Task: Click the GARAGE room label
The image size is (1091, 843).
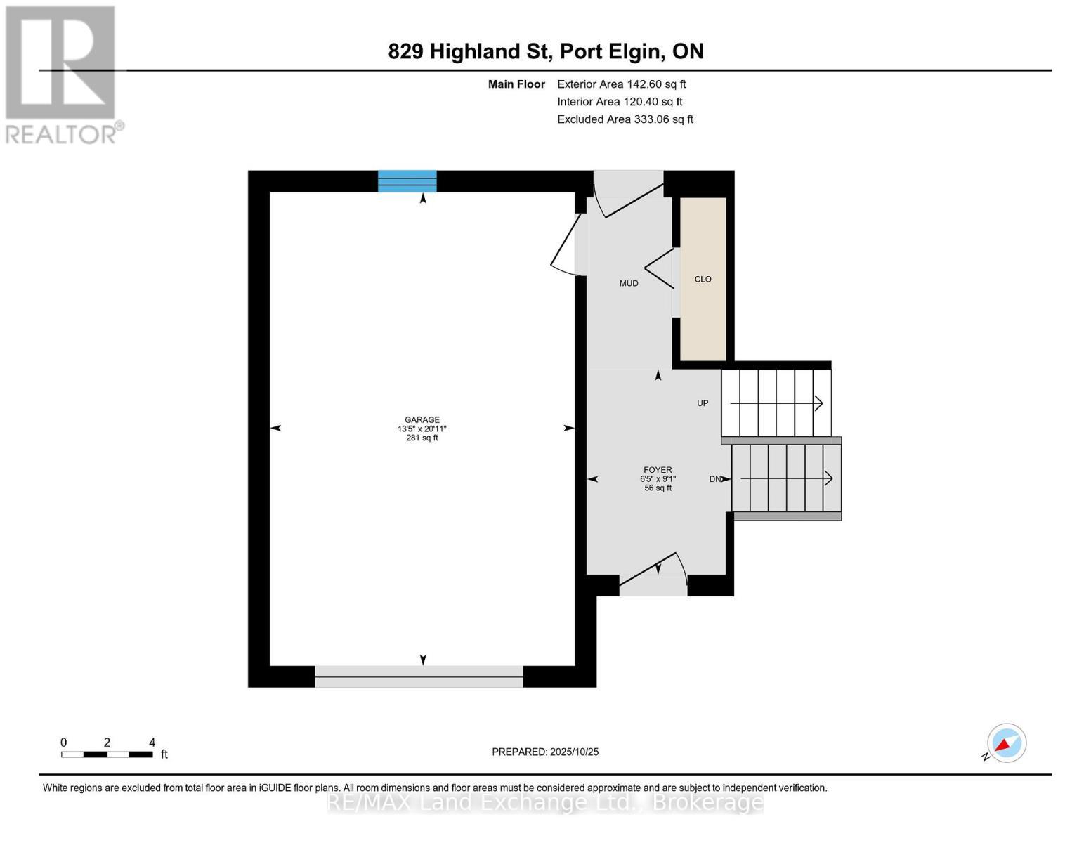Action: pyautogui.click(x=422, y=420)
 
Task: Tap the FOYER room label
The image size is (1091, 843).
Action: pyautogui.click(x=658, y=470)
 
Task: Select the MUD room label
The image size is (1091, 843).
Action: pyautogui.click(x=629, y=283)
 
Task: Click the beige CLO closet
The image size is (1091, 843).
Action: pyautogui.click(x=703, y=279)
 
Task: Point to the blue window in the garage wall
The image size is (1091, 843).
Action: pyautogui.click(x=407, y=181)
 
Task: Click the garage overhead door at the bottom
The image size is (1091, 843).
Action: pyautogui.click(x=419, y=677)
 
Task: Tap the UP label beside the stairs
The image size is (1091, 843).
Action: pyautogui.click(x=703, y=403)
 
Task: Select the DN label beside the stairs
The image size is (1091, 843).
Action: pyautogui.click(x=715, y=479)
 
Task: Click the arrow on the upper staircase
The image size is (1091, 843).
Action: pyautogui.click(x=776, y=403)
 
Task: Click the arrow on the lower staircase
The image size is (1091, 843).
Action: pyautogui.click(x=787, y=478)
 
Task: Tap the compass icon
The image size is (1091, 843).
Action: pyautogui.click(x=1006, y=743)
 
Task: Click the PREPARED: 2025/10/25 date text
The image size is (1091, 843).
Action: pyautogui.click(x=545, y=752)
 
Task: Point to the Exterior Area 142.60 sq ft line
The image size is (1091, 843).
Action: pyautogui.click(x=621, y=84)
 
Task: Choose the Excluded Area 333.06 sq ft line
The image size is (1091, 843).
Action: pyautogui.click(x=625, y=119)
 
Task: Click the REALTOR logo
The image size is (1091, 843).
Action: pyautogui.click(x=62, y=74)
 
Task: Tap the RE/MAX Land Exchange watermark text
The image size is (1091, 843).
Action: pyautogui.click(x=545, y=802)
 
